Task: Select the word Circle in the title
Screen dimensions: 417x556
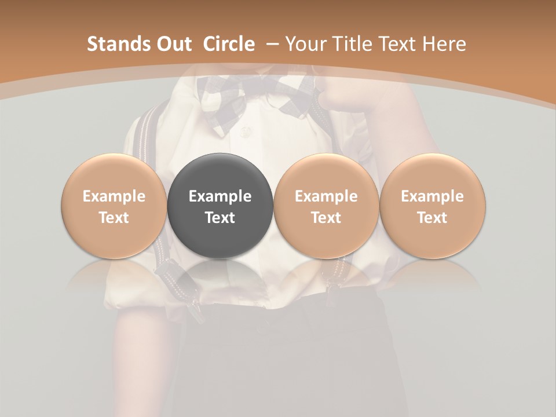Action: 229,44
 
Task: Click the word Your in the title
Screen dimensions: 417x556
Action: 305,44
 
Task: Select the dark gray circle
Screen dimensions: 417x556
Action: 220,205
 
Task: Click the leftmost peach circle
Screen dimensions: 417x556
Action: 114,205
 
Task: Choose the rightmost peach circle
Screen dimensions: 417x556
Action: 432,205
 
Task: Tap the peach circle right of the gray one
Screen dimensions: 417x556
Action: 326,205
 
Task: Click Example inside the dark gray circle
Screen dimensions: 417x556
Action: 220,196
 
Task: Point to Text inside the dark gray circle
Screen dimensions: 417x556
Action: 220,218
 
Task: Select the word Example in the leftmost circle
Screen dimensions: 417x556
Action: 114,196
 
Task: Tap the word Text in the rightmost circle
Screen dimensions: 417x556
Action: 432,218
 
